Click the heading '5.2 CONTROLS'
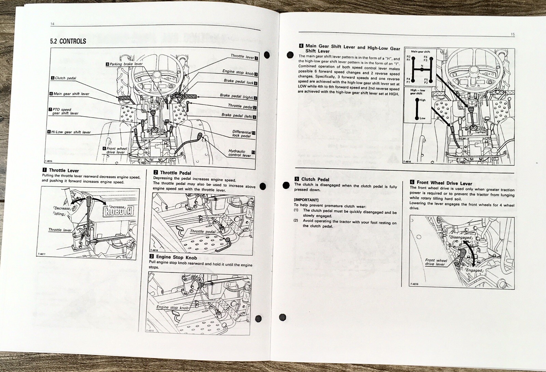[68, 41]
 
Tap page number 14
[52, 24]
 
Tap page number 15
[513, 34]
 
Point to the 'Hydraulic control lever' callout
[239, 153]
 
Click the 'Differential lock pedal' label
[241, 134]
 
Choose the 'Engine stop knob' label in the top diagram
[238, 72]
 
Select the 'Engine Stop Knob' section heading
[175, 257]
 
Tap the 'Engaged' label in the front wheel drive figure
[474, 270]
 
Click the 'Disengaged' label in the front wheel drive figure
[460, 237]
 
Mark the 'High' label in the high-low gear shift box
[422, 101]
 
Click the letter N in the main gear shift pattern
[422, 66]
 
